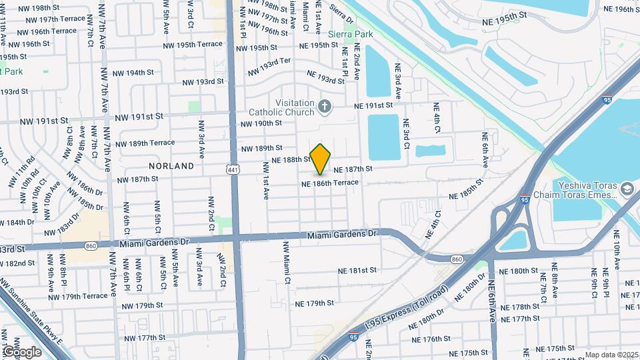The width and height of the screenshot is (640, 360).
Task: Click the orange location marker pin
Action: [x=321, y=159]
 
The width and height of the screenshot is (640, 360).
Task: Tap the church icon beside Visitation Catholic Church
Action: [x=325, y=105]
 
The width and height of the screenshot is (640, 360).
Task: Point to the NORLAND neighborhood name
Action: [x=172, y=165]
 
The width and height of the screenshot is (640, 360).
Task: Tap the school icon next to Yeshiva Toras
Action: [x=627, y=190]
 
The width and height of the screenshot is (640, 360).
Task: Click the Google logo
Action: [x=21, y=351]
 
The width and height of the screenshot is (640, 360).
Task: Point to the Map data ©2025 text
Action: [x=612, y=355]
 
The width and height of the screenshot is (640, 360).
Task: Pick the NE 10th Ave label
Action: [x=616, y=259]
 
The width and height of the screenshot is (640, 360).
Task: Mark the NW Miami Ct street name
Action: [x=287, y=261]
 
